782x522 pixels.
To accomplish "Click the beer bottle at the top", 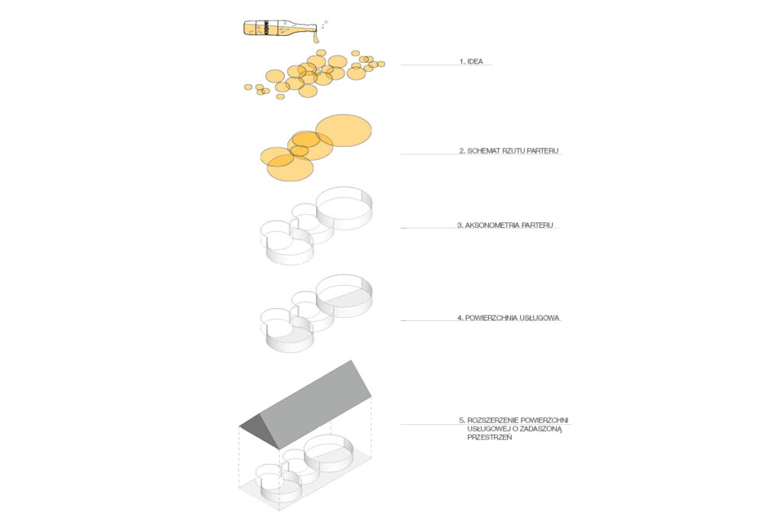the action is click(280, 28).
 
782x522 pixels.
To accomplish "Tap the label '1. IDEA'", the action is click(471, 61).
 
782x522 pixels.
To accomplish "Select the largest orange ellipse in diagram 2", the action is click(344, 131).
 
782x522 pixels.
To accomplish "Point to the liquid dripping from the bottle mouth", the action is click(316, 37).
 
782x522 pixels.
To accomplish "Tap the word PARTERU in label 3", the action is click(538, 225).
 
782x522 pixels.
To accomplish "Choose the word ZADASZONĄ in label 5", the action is click(541, 429).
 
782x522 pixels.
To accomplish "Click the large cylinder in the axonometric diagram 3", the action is click(344, 208).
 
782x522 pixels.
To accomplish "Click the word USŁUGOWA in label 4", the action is click(541, 317).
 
